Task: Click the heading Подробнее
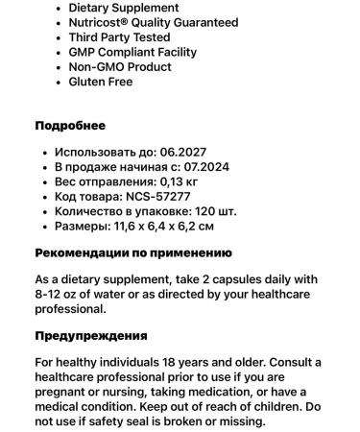pyautogui.click(x=70, y=126)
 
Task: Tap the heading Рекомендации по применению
pyautogui.click(x=133, y=253)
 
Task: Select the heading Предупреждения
pyautogui.click(x=91, y=336)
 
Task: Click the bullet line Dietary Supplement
pyautogui.click(x=123, y=8)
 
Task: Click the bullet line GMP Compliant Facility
pyautogui.click(x=132, y=52)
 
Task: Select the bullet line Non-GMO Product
pyautogui.click(x=120, y=67)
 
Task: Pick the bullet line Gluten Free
pyautogui.click(x=101, y=82)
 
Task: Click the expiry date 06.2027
pyautogui.click(x=183, y=152)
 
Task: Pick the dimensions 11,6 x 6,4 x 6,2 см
pyautogui.click(x=166, y=227)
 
